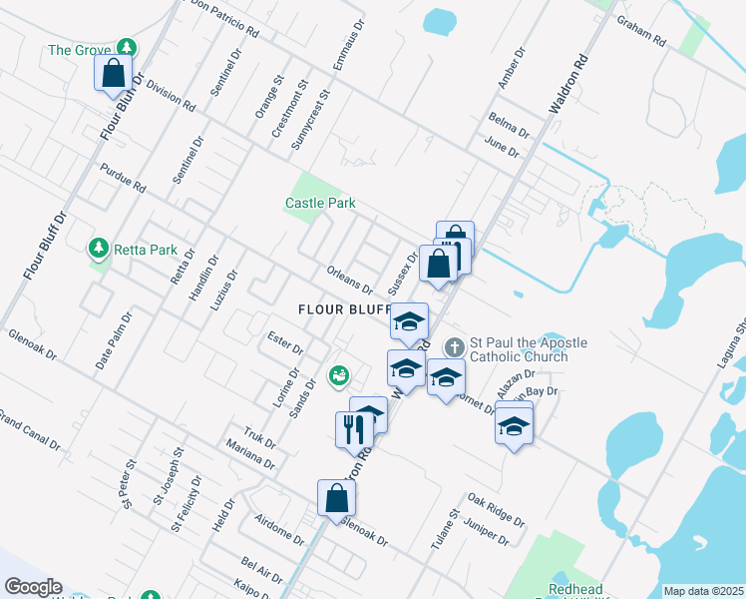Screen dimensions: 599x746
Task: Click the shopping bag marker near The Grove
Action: tap(114, 72)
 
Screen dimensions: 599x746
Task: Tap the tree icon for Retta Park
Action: tap(98, 247)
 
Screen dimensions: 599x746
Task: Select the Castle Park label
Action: tap(320, 203)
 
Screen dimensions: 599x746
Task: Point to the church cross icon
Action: tap(454, 347)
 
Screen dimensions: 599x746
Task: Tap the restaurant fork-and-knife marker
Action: tap(353, 429)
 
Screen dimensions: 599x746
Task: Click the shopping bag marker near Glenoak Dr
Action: tap(336, 497)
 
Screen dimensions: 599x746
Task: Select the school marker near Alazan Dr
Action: tap(514, 425)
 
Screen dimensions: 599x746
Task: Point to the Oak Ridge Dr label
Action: tap(495, 508)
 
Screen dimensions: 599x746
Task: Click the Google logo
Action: tap(33, 587)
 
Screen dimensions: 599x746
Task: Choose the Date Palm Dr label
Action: tap(115, 341)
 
